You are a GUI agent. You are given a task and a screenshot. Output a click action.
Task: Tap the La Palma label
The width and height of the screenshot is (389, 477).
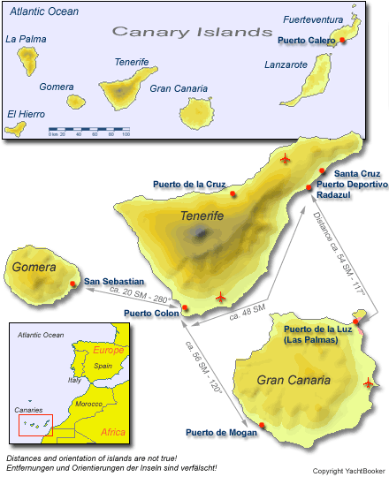pyautogui.click(x=26, y=39)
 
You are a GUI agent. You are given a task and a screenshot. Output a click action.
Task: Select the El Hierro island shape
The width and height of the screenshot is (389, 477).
pyautogui.click(x=13, y=129)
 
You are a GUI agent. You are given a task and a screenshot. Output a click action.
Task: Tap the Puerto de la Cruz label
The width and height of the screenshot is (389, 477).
pyautogui.click(x=188, y=184)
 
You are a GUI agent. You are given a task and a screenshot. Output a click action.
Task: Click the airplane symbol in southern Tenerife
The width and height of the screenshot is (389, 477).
pyautogui.click(x=220, y=298)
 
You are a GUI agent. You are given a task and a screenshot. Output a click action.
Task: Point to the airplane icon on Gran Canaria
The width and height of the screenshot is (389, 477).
pyautogui.click(x=369, y=383)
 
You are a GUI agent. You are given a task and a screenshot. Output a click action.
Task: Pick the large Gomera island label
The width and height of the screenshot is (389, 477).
pyautogui.click(x=34, y=267)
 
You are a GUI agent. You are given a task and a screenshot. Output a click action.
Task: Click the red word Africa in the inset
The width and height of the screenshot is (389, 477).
pyautogui.click(x=113, y=432)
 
